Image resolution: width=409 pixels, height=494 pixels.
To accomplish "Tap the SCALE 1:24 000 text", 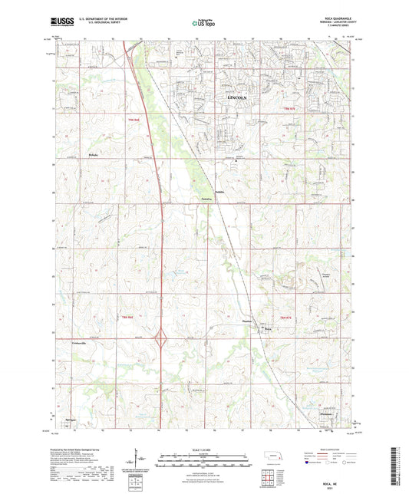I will tap(204, 450).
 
